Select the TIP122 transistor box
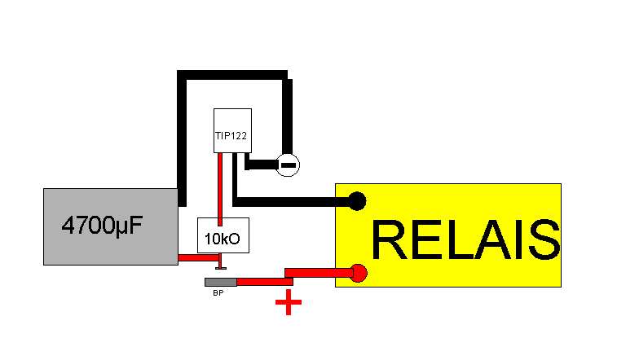(232, 130)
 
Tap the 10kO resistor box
(223, 235)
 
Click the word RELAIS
(465, 239)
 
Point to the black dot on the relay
(357, 201)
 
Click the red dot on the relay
(358, 273)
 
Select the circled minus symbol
(288, 165)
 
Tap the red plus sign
(289, 302)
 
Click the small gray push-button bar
(221, 282)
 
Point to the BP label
(218, 292)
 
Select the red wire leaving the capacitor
(198, 258)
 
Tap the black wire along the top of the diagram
(232, 75)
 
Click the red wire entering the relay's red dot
(319, 273)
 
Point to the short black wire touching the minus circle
(261, 165)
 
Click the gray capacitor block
(111, 226)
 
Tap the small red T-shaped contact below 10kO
(220, 262)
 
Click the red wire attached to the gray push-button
(265, 282)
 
